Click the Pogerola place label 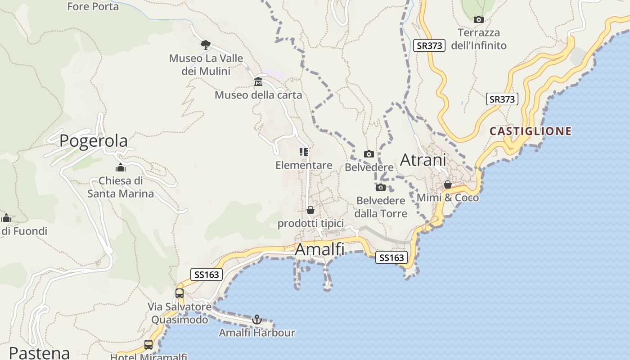click(94, 140)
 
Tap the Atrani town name click(423, 160)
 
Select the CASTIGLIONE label click(531, 131)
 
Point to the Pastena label click(40, 353)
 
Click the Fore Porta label click(93, 6)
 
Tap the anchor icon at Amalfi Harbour click(257, 319)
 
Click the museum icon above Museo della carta click(258, 82)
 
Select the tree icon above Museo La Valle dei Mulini click(206, 45)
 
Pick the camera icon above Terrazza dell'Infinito click(479, 19)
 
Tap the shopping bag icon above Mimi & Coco click(448, 184)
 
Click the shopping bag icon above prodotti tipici click(310, 210)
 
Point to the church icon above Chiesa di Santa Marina click(121, 168)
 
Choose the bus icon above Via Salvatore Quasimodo click(180, 293)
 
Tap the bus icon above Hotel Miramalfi click(148, 345)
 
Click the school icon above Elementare click(304, 152)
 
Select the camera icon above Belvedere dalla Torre click(381, 187)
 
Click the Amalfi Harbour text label click(257, 333)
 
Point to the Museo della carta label click(258, 95)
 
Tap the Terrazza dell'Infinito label click(479, 39)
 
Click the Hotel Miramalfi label click(148, 357)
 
